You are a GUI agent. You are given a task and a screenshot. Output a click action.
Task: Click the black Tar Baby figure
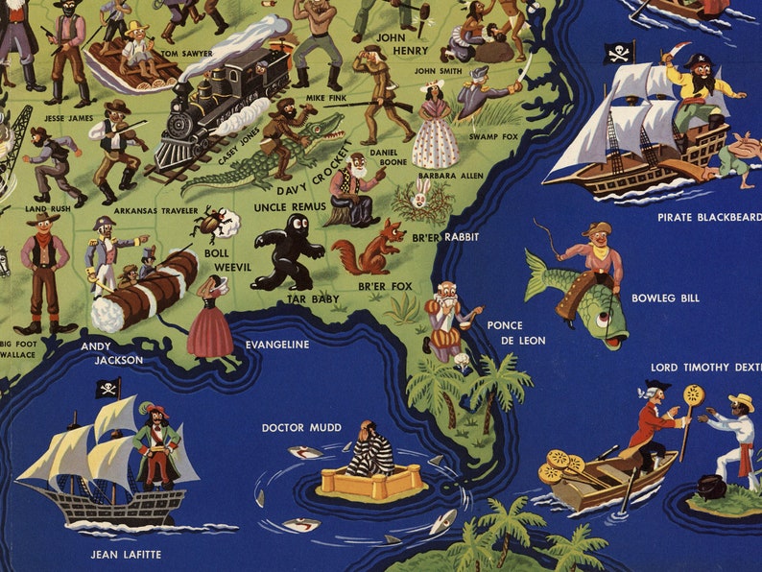point(286,252)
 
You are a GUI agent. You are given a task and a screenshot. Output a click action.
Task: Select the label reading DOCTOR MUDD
point(301,427)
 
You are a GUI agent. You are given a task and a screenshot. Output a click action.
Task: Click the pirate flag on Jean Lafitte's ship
point(107,388)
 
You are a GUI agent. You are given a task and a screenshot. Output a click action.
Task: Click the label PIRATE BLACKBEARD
point(708,217)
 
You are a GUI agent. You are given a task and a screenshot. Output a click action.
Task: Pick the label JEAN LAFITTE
point(126,555)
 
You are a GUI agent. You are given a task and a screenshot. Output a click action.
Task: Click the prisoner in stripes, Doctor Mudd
point(369,451)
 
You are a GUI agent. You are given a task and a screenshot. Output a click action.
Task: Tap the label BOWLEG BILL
point(665,298)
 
